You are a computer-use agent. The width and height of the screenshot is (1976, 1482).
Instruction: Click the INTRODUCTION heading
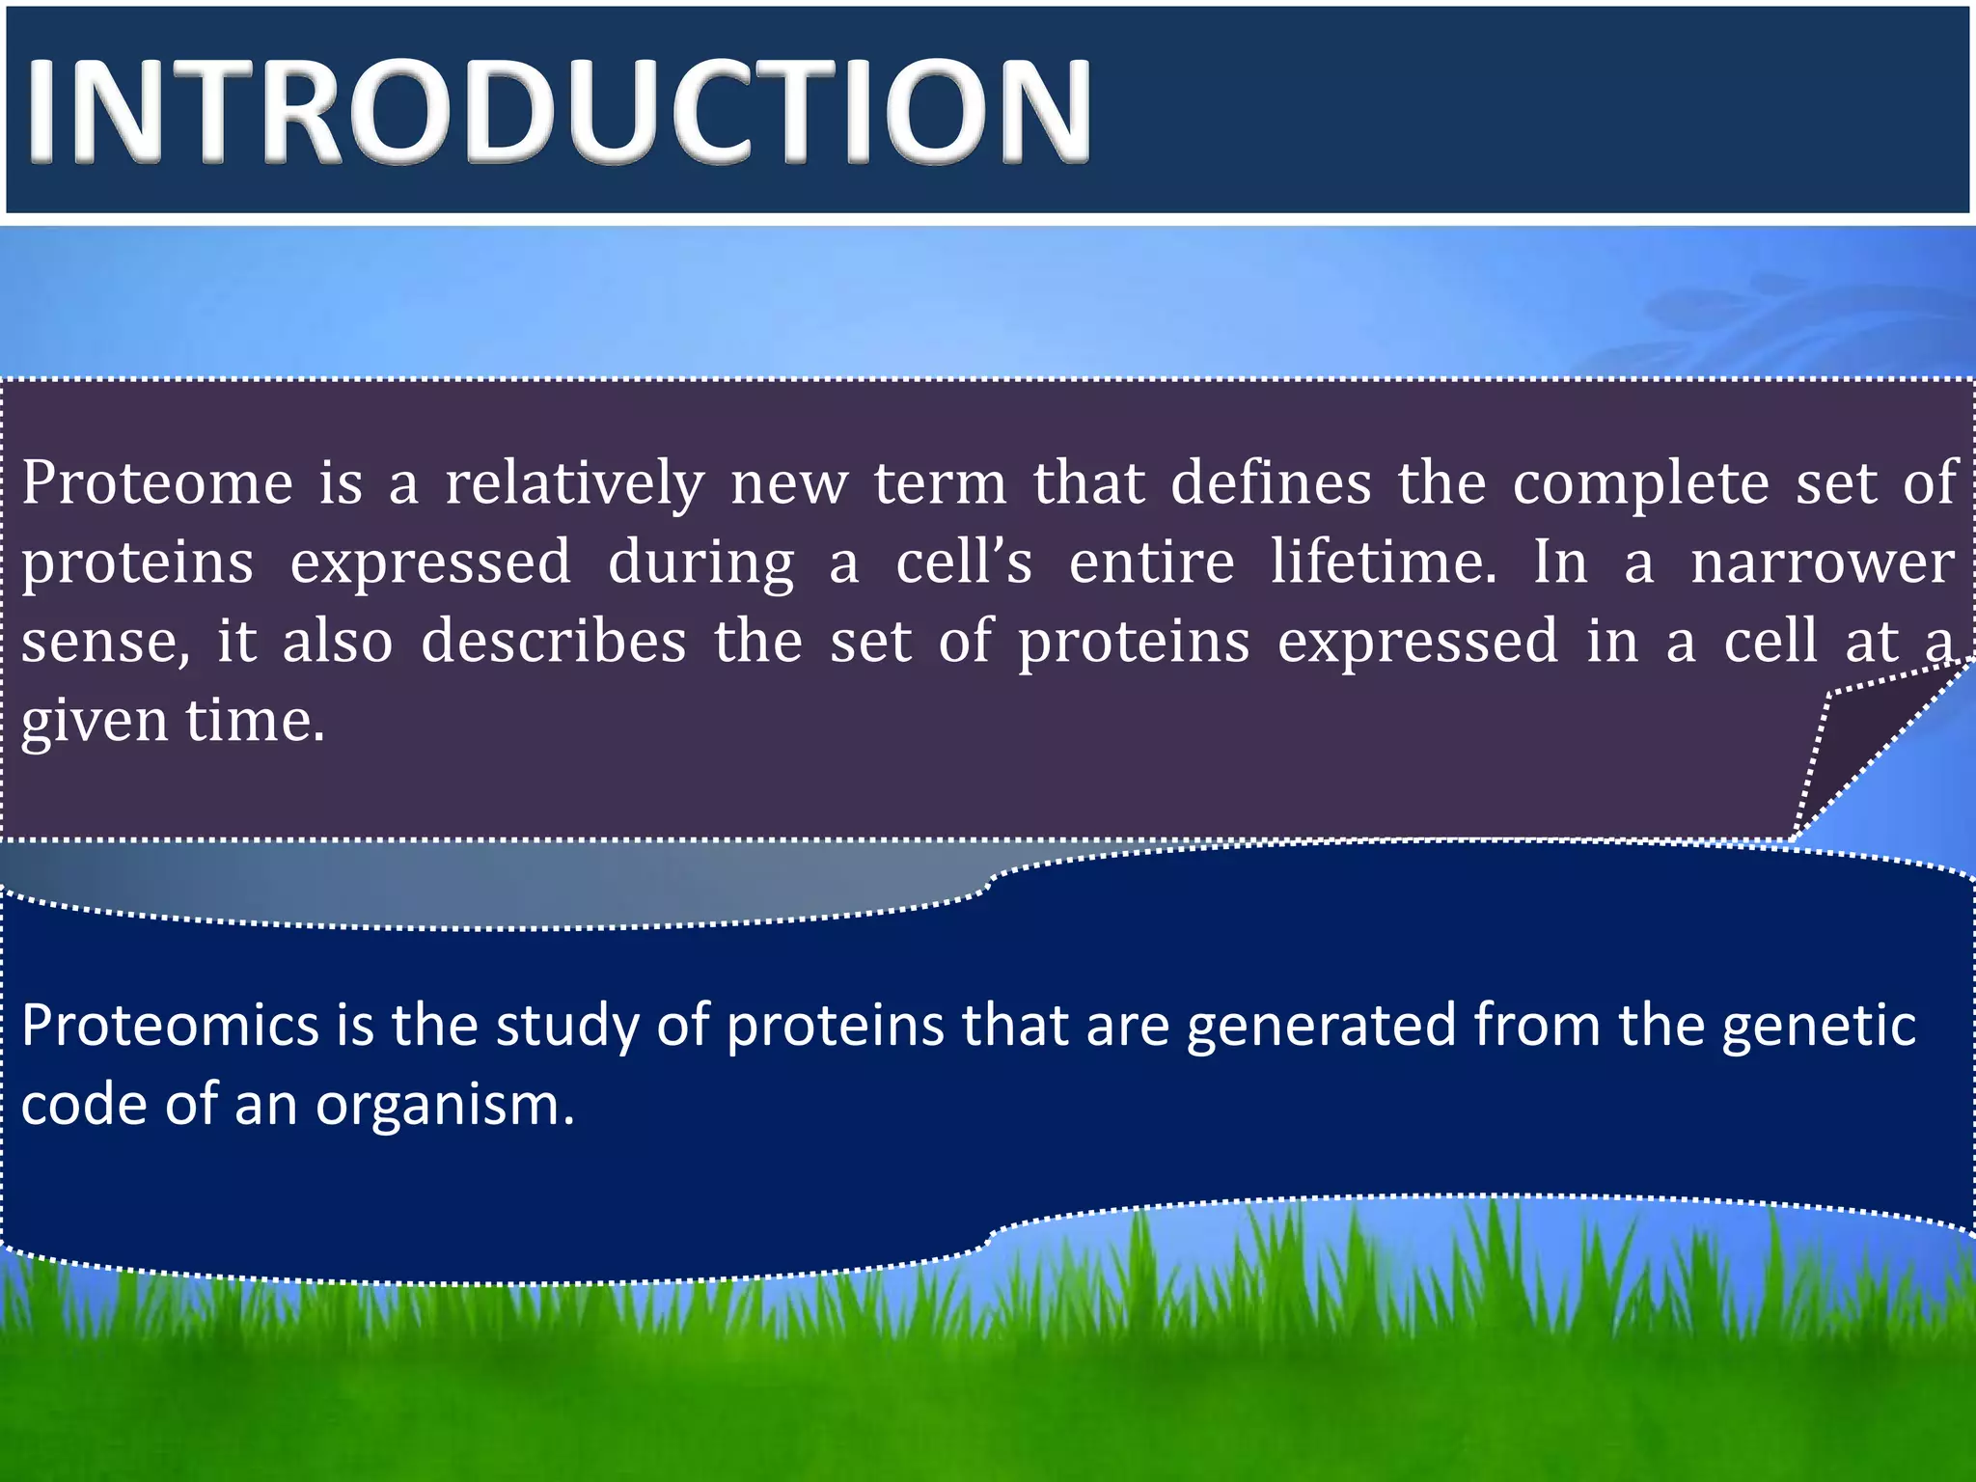tap(560, 111)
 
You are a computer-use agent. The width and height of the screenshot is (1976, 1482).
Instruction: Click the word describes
tap(554, 642)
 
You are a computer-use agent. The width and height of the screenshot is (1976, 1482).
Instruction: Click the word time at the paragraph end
tap(255, 720)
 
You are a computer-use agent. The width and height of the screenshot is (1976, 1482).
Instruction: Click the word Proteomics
tap(170, 1026)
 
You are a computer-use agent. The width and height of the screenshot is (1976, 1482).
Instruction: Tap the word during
tap(700, 563)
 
